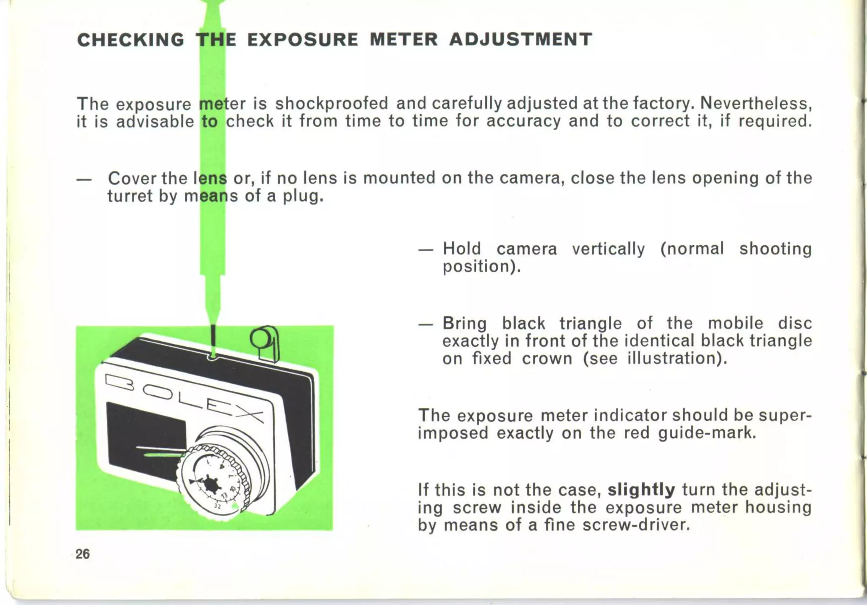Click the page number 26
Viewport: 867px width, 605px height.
click(83, 554)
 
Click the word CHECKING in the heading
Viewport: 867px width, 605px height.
click(131, 40)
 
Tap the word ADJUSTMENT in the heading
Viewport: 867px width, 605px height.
click(520, 39)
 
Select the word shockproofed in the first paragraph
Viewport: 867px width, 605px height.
click(331, 104)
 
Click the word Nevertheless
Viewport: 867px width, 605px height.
click(756, 104)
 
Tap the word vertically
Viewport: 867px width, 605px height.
click(608, 249)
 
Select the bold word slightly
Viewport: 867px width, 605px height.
click(641, 490)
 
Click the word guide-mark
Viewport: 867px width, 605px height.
click(707, 433)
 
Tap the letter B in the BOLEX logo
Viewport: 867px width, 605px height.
click(119, 383)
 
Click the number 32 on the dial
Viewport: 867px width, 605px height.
click(218, 506)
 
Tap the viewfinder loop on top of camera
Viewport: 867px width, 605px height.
click(265, 343)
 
